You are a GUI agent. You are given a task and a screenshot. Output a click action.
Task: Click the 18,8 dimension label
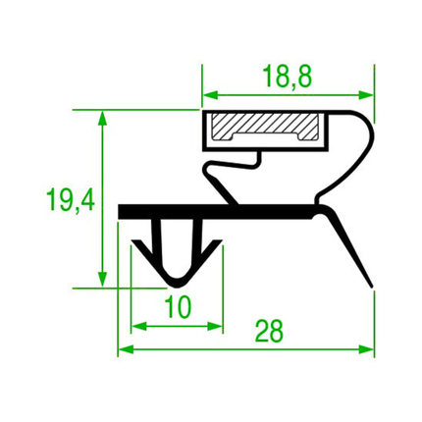[x=288, y=77]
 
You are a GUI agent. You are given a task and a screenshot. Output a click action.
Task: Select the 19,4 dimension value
[x=71, y=200]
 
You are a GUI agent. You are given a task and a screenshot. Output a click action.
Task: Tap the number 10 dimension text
[x=178, y=307]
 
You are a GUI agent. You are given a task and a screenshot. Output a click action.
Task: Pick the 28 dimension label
[x=269, y=331]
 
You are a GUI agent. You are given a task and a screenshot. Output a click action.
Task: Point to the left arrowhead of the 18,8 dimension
[x=210, y=95]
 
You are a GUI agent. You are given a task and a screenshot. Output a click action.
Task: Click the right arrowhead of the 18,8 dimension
[x=366, y=95]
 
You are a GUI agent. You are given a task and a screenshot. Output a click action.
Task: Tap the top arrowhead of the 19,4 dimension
[x=102, y=118]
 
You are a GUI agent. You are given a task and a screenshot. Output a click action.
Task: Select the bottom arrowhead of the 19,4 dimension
[x=102, y=280]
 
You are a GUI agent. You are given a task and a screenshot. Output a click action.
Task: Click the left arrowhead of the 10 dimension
[x=138, y=326]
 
